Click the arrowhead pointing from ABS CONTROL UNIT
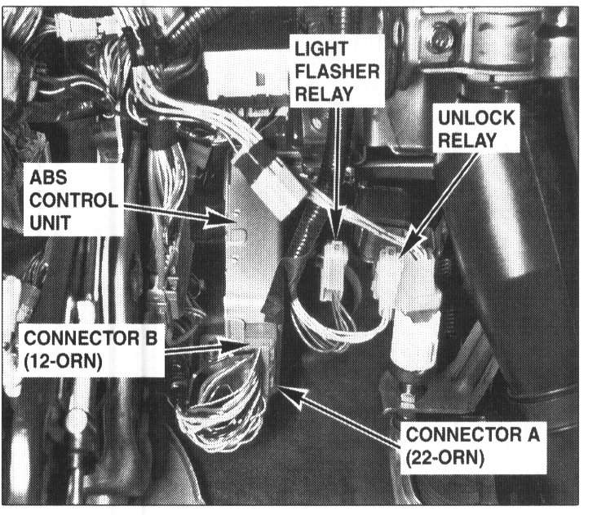click(x=231, y=219)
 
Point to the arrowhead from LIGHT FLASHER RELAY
click(x=337, y=235)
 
